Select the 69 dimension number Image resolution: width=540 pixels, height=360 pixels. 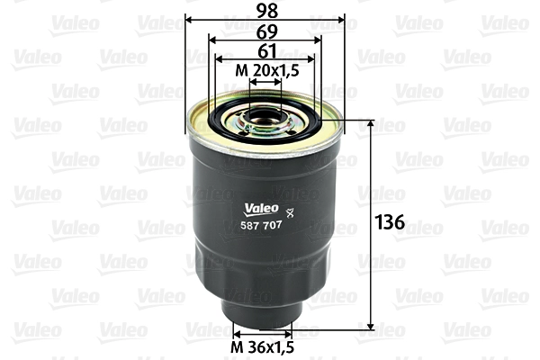click(x=265, y=30)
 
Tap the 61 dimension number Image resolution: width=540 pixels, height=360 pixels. click(x=265, y=50)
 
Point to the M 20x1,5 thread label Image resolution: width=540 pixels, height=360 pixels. click(x=265, y=70)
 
